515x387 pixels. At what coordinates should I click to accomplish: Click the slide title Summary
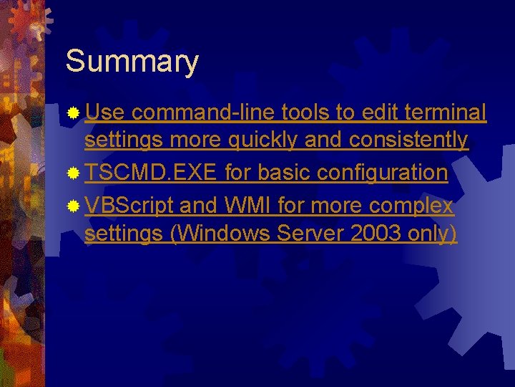click(x=132, y=62)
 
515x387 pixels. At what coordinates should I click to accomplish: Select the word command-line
click(x=204, y=113)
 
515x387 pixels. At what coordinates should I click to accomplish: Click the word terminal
click(x=445, y=113)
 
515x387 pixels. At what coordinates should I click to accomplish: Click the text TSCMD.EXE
click(x=151, y=173)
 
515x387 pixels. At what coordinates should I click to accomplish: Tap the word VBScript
click(x=129, y=206)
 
